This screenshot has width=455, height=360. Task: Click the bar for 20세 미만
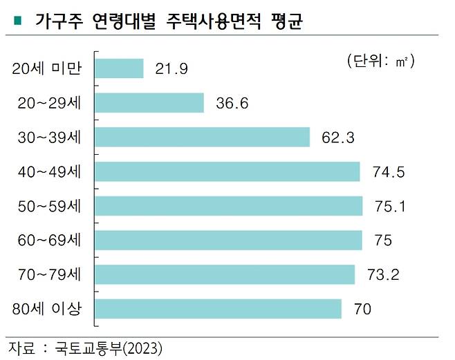(x=118, y=68)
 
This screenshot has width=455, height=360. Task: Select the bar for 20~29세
(x=149, y=102)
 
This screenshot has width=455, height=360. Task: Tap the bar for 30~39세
(x=201, y=137)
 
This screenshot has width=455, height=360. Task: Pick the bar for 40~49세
(x=227, y=171)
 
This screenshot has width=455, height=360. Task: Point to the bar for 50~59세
(x=228, y=206)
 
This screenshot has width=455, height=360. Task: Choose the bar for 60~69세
(x=228, y=240)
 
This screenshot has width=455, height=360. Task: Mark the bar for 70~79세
(x=224, y=274)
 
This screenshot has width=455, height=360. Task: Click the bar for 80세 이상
(x=217, y=309)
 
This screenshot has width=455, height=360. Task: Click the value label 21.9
(x=170, y=69)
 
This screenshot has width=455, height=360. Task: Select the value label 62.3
(x=337, y=138)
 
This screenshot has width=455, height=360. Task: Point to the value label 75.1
(x=390, y=207)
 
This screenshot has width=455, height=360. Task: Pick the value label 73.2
(x=383, y=275)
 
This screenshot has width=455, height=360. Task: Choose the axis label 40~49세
(x=48, y=171)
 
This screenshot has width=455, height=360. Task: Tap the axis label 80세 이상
(x=47, y=309)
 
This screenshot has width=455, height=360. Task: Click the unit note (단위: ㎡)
(x=381, y=61)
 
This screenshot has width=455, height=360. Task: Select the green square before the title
(x=16, y=21)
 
